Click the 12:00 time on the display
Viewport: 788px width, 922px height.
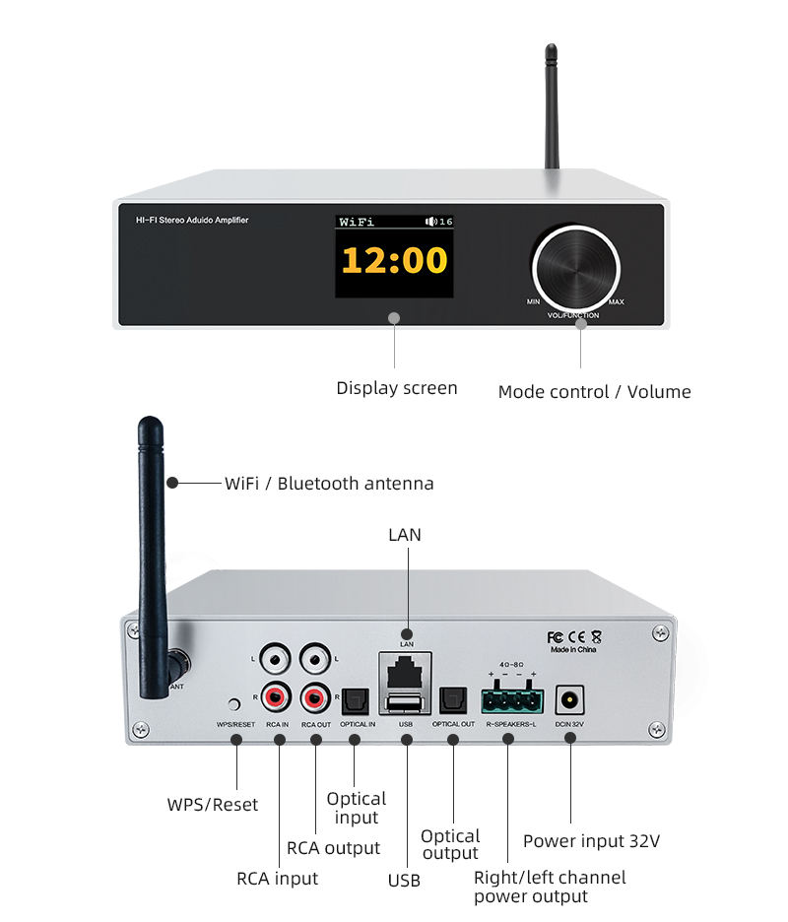[394, 261]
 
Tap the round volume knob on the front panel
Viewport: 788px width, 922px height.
[576, 267]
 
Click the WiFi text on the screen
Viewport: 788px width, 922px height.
[357, 223]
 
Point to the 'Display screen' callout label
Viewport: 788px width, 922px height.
[397, 388]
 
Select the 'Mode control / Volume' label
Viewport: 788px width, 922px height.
[594, 392]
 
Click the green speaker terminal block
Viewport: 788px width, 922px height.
[510, 700]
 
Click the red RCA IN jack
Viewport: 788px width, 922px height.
[276, 698]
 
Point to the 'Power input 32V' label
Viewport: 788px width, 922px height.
[591, 841]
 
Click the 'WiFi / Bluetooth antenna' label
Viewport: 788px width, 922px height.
[329, 484]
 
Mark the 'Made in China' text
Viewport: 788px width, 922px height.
[575, 651]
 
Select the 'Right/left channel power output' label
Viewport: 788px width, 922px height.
[550, 887]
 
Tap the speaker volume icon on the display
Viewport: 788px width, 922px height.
[430, 222]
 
